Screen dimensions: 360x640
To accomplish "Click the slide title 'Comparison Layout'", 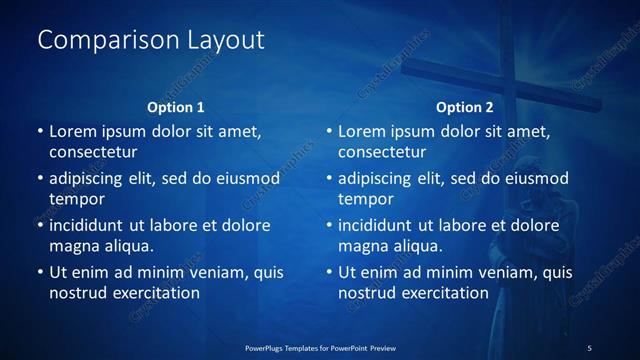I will click(151, 40).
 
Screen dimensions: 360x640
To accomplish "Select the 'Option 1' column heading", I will click(176, 106).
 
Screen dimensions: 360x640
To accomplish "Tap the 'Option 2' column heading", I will click(465, 106).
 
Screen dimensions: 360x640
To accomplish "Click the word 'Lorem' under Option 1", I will click(73, 131).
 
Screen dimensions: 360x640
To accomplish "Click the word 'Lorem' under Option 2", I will click(362, 131).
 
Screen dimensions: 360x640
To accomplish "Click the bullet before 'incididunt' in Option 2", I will click(329, 225).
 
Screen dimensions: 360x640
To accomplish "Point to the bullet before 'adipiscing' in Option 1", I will click(40, 179).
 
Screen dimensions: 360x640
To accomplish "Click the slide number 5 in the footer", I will click(589, 347).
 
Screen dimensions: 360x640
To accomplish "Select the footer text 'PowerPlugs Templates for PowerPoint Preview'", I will click(320, 347).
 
